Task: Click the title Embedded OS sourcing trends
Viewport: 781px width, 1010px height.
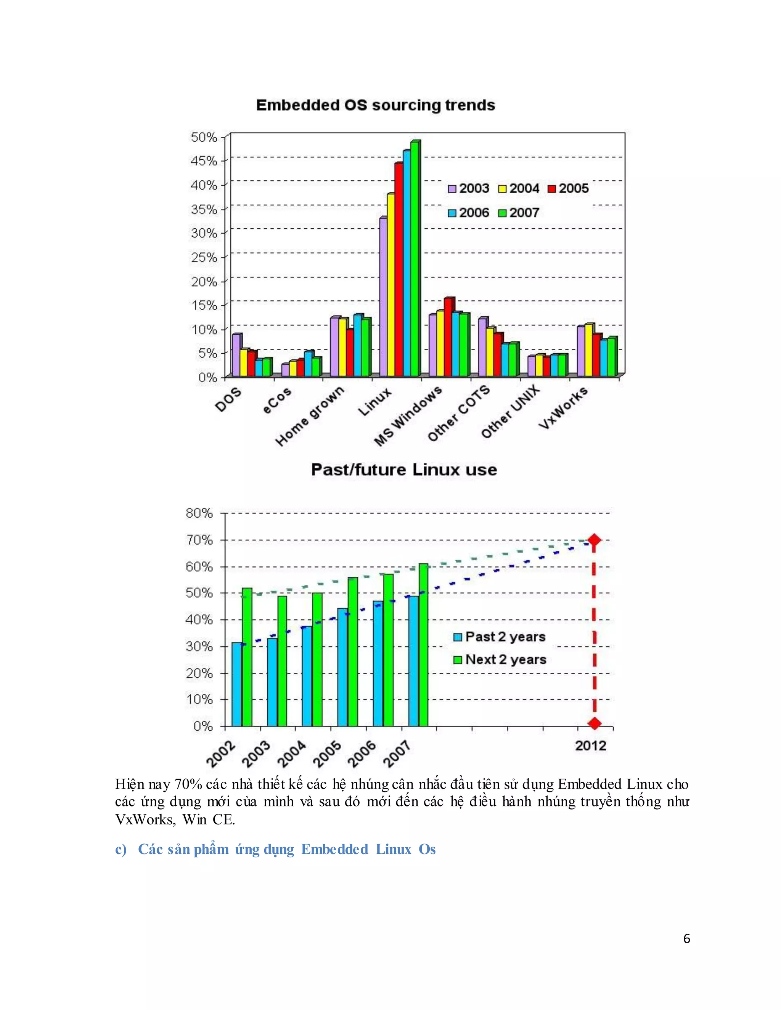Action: click(375, 106)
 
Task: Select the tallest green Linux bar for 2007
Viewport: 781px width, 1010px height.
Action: click(415, 259)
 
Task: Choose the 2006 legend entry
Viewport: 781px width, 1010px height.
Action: click(469, 213)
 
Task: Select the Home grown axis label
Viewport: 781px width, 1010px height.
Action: click(310, 416)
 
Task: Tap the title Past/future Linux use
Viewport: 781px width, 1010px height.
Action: click(404, 470)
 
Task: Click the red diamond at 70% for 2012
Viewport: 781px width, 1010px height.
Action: click(594, 540)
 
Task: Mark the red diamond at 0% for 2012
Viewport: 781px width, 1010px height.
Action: click(595, 723)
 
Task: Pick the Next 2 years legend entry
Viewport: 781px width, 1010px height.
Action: click(500, 659)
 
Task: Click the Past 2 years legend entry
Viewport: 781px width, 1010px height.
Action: click(500, 637)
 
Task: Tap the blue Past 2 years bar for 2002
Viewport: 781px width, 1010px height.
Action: click(236, 685)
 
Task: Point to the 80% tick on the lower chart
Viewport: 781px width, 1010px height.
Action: click(199, 513)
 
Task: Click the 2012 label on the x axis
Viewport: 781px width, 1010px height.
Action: click(590, 746)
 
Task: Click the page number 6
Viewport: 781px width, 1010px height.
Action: click(686, 939)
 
